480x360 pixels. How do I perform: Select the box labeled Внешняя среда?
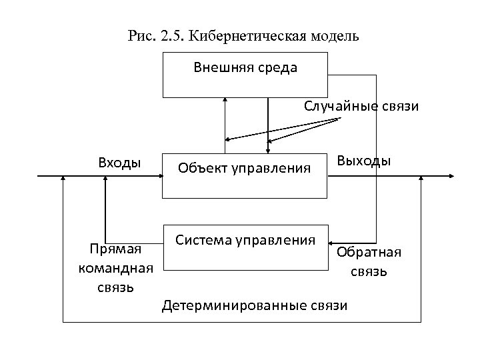point(245,75)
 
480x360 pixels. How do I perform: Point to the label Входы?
point(119,163)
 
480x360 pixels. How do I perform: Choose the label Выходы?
point(364,161)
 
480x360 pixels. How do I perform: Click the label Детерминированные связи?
point(255,305)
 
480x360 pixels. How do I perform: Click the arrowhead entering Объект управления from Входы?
point(161,177)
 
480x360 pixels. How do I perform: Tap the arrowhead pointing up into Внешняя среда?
point(225,100)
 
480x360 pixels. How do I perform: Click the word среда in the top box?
point(278,68)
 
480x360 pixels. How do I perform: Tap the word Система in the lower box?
point(201,239)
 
